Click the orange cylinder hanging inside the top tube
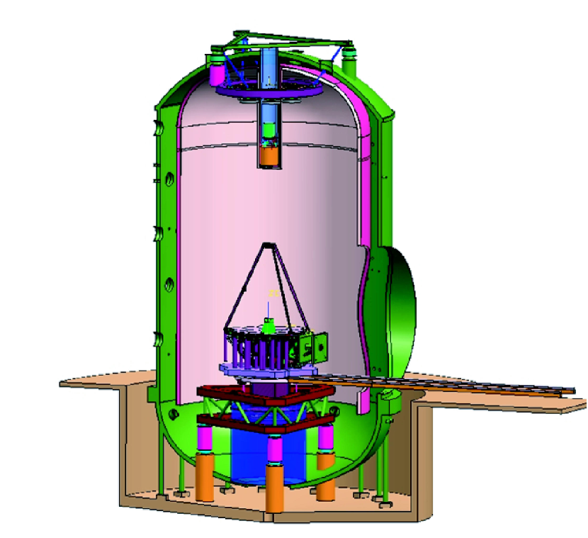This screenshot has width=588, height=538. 269,156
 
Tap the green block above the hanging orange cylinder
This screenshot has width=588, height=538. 269,131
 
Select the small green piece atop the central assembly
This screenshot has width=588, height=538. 269,325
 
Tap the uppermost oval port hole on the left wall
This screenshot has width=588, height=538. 170,179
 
